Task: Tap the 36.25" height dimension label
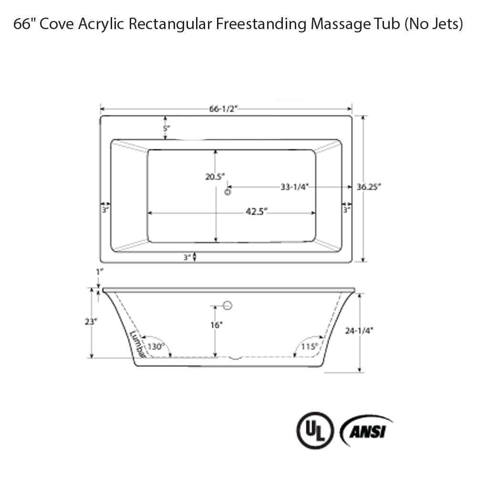click(x=369, y=187)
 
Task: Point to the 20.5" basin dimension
click(x=215, y=176)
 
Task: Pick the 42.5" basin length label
click(x=256, y=212)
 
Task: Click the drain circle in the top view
click(x=228, y=192)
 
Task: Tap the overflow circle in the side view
click(x=228, y=306)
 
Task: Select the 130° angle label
click(x=156, y=347)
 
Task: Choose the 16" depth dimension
click(x=216, y=325)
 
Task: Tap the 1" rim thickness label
click(x=99, y=271)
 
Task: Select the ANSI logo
click(x=366, y=430)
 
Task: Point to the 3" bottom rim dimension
click(x=187, y=257)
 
